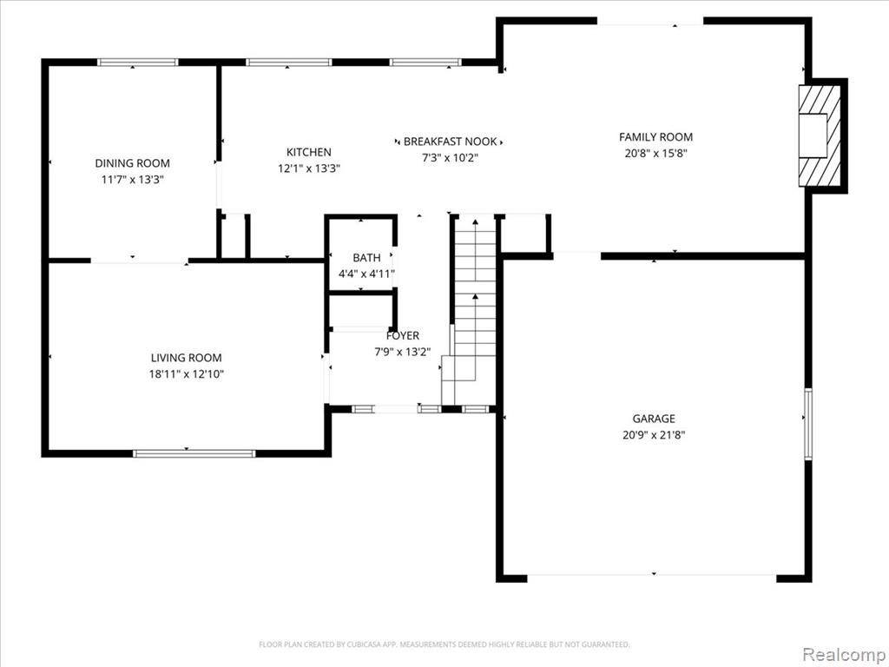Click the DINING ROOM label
pos(132,163)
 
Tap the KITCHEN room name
pos(308,152)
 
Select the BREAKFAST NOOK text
pos(451,142)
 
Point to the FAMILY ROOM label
pos(655,136)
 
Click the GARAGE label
pos(654,419)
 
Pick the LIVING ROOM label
pos(186,358)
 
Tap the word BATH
pos(366,258)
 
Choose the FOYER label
pos(403,336)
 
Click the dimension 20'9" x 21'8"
pos(654,435)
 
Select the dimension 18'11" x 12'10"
pos(187,374)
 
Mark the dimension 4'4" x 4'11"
pos(366,274)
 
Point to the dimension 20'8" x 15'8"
pos(655,153)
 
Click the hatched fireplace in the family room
pos(820,135)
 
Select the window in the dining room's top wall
pos(138,63)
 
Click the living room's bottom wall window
pos(194,453)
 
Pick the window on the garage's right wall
pos(808,423)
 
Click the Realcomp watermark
pos(844,654)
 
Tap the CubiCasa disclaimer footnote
pos(444,644)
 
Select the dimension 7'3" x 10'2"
pos(451,158)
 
